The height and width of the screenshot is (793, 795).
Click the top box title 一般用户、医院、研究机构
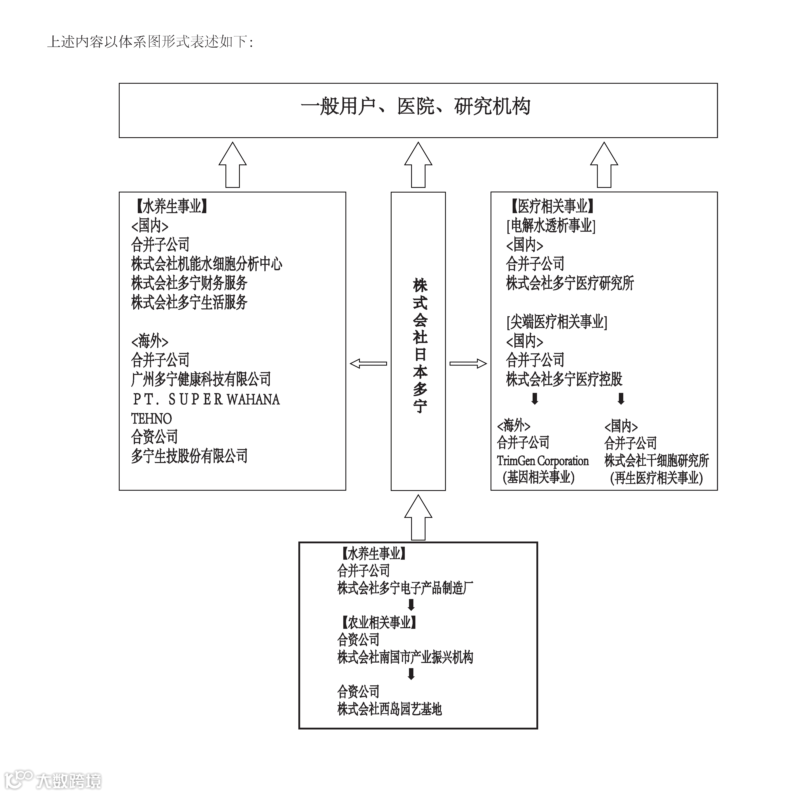point(416,107)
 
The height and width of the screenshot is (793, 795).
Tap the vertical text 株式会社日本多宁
point(420,346)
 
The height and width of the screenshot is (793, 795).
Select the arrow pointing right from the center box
point(468,363)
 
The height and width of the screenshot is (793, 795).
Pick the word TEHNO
point(151,418)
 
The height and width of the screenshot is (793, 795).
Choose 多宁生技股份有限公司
point(189,456)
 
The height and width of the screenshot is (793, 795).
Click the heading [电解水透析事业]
point(551,226)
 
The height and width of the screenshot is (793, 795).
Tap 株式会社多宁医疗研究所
point(570,283)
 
